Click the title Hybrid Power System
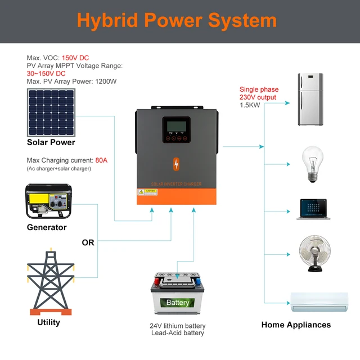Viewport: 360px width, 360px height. coord(177,21)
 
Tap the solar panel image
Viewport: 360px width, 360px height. coord(51,113)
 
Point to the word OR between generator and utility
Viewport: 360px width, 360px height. coord(88,242)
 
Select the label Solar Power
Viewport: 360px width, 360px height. coord(51,142)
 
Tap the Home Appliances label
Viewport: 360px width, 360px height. coord(296,325)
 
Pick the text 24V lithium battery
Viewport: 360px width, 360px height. coord(178,326)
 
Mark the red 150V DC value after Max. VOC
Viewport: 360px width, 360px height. coord(75,58)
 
